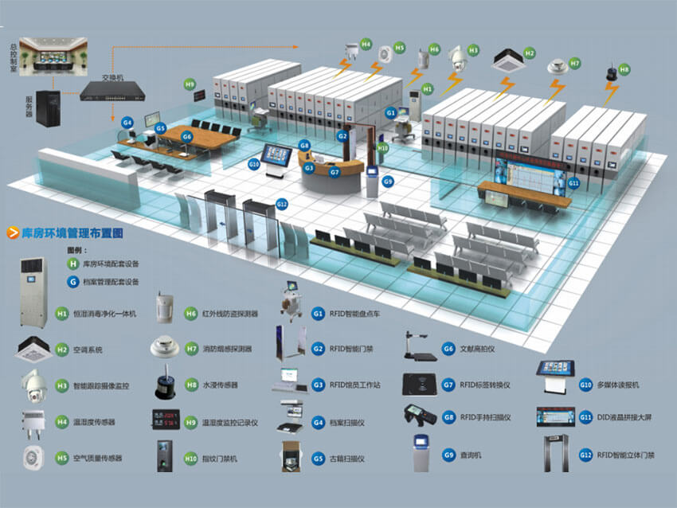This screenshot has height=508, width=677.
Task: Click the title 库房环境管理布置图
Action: (71, 233)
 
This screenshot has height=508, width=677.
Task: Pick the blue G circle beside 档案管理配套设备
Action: (74, 281)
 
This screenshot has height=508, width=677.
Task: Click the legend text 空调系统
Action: (90, 350)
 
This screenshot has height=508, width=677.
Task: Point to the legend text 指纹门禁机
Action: (221, 459)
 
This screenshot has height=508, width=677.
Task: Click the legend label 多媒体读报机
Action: (621, 385)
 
